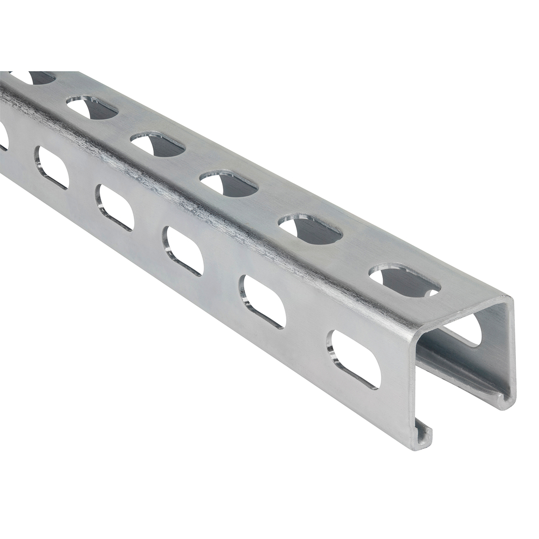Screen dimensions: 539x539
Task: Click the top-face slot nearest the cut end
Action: (404, 280)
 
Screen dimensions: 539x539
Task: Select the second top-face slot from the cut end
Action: (310, 229)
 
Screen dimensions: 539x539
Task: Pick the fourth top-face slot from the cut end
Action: (158, 144)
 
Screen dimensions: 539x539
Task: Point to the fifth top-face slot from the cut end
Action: (92, 107)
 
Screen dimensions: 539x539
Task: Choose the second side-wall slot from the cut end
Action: (263, 301)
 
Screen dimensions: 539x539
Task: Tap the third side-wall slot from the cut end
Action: (184, 251)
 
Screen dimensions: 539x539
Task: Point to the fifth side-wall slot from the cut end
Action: (52, 168)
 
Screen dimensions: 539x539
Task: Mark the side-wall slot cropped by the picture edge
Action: (3, 136)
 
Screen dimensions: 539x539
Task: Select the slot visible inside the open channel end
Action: (465, 329)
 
